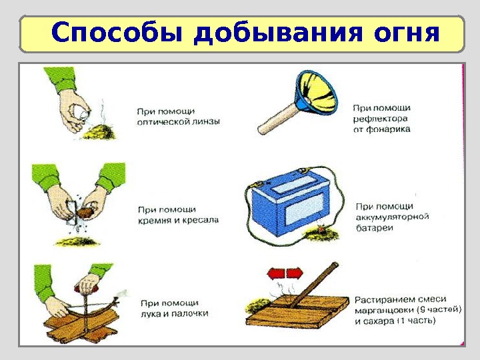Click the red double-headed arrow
285,273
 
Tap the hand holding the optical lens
73,113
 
